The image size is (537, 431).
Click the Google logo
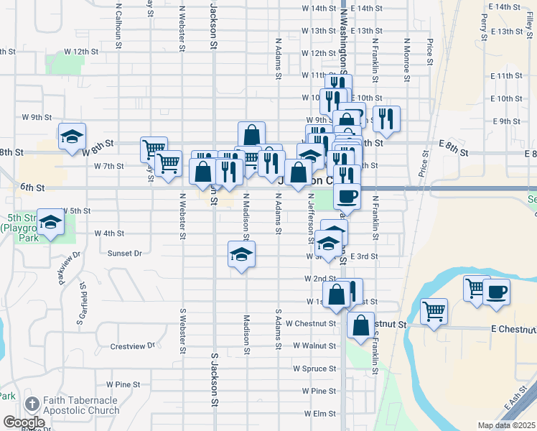(24, 422)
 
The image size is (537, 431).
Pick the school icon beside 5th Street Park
(50, 223)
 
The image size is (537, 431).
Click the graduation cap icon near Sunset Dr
(242, 254)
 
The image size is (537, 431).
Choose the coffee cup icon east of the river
(495, 292)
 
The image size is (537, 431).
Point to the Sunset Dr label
(124, 254)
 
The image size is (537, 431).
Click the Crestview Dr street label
(133, 346)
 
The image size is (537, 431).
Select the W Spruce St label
(314, 369)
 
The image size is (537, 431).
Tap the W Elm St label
(320, 414)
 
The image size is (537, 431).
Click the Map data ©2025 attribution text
(507, 425)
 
